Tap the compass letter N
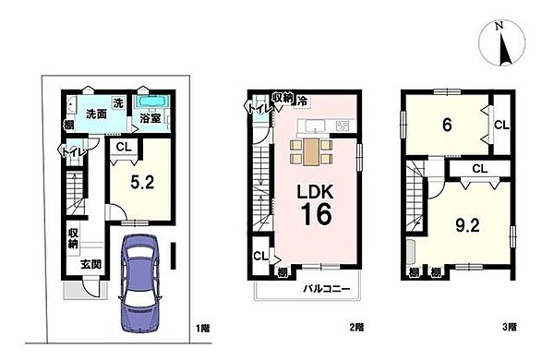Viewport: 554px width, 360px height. tap(497, 28)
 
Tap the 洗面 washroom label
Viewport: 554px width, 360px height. tap(96, 115)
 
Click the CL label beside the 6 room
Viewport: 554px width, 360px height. tap(498, 124)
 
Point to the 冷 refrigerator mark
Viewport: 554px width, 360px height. tap(301, 97)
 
